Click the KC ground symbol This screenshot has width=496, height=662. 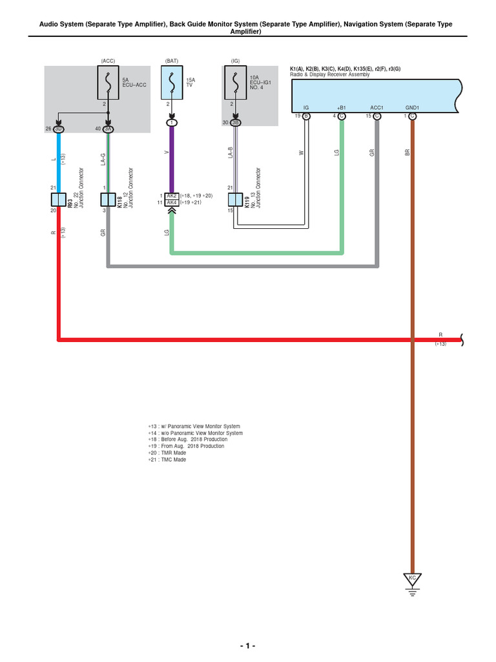pyautogui.click(x=412, y=577)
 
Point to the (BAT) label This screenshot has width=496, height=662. pyautogui.click(x=172, y=61)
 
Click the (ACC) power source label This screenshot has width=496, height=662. pyautogui.click(x=107, y=61)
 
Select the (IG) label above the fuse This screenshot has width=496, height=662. pyautogui.click(x=235, y=61)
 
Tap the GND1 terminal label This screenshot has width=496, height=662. pyautogui.click(x=412, y=107)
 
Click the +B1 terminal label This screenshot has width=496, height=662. pyautogui.click(x=342, y=107)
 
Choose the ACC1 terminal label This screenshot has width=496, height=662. pyautogui.click(x=377, y=107)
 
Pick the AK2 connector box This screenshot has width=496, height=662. pyautogui.click(x=172, y=195)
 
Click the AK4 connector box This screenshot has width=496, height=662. pyautogui.click(x=172, y=202)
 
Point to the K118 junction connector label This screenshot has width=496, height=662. pyautogui.click(x=121, y=202)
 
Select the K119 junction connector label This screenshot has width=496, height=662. pyautogui.click(x=247, y=202)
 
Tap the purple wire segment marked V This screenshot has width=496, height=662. pyautogui.click(x=172, y=158)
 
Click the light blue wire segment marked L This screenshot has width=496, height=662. pyautogui.click(x=59, y=158)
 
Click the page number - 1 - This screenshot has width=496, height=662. pyautogui.click(x=247, y=646)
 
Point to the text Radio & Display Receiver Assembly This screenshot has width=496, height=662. pyautogui.click(x=330, y=74)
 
